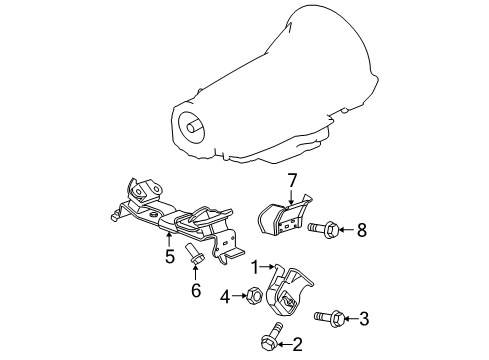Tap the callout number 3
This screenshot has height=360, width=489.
pyautogui.click(x=364, y=318)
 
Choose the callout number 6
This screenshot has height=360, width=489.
pyautogui.click(x=195, y=291)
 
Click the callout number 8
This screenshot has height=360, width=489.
pyautogui.click(x=361, y=230)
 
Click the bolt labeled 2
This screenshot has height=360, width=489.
pyautogui.click(x=271, y=341)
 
